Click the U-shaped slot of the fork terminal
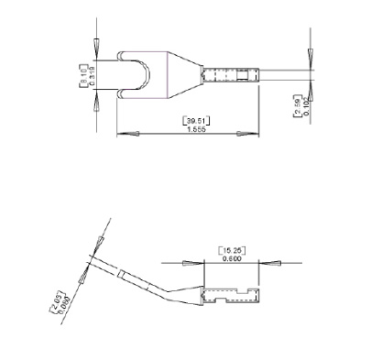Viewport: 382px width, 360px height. [x=132, y=73]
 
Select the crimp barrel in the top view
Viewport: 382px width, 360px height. [x=229, y=73]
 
